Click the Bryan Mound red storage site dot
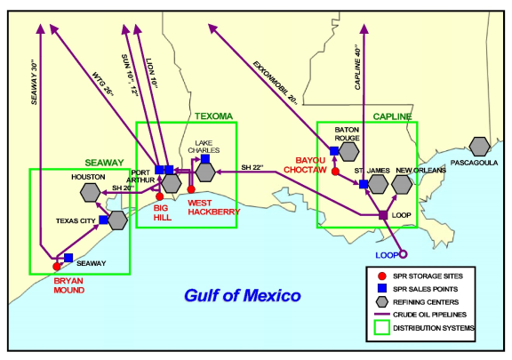pos(57,267)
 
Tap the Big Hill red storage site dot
pos(160,196)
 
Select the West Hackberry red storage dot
pos(191,189)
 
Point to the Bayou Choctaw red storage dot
pos(335,172)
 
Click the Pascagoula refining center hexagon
pos(479,147)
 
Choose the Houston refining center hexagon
pos(90,192)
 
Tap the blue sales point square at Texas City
pos(103,220)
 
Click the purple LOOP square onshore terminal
pos(383,215)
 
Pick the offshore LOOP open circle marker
pos(404,254)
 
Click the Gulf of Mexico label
pos(243,295)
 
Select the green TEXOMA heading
pos(214,116)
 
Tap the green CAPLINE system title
pos(392,116)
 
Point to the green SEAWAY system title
pos(104,163)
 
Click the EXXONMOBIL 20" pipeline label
pos(276,83)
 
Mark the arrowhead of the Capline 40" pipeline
pos(364,28)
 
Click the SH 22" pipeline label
pos(252,167)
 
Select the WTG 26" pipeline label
pos(103,84)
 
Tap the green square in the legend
pos(381,327)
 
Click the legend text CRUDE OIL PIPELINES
pos(429,315)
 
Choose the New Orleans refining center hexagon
pos(402,185)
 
